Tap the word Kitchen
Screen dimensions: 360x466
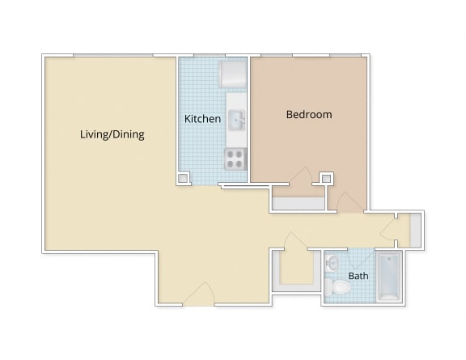(202, 119)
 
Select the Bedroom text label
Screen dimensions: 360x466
(309, 115)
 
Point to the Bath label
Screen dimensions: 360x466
(358, 276)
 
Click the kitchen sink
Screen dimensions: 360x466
(236, 121)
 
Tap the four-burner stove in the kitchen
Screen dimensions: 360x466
(235, 159)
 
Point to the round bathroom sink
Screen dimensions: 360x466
(333, 262)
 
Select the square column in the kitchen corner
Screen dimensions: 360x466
(184, 178)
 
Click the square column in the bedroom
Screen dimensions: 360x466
(327, 178)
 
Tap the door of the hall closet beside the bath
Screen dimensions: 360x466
(293, 242)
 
